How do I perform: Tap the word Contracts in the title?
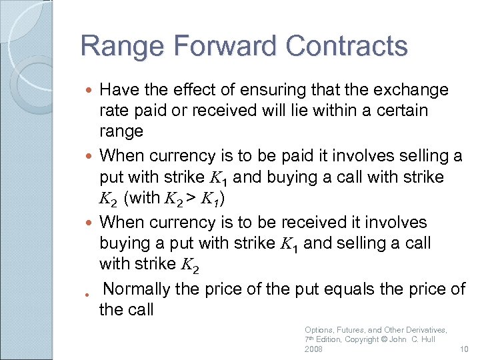click(347, 47)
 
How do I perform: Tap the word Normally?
click(142, 289)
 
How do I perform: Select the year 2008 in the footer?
click(313, 349)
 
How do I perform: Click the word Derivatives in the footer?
click(423, 329)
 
